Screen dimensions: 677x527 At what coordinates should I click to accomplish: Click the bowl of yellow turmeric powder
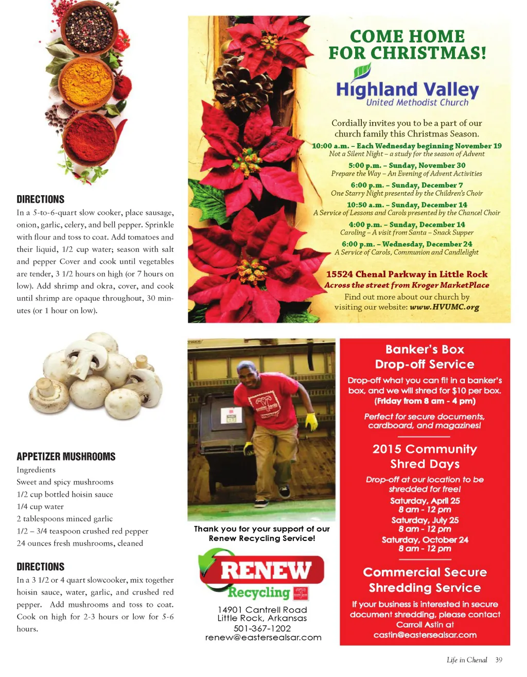click(x=86, y=83)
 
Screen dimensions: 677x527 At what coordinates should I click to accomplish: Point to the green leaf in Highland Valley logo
click(x=363, y=71)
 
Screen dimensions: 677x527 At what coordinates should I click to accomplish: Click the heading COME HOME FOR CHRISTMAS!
click(x=407, y=44)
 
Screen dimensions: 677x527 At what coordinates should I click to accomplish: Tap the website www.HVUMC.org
click(x=444, y=307)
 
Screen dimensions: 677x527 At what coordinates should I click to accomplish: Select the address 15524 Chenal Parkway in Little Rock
click(x=407, y=274)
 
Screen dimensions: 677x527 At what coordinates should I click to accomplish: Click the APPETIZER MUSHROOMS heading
click(x=66, y=456)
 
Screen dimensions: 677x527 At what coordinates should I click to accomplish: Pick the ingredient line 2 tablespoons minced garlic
click(x=64, y=519)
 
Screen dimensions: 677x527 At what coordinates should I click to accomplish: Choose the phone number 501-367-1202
click(x=262, y=629)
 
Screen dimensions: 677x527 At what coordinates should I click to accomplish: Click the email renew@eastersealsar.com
click(x=263, y=637)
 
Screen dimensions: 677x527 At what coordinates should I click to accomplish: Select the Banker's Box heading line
click(x=425, y=349)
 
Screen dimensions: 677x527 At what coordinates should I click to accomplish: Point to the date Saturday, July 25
click(x=425, y=520)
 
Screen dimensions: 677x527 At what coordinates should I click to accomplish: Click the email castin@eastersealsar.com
click(x=425, y=635)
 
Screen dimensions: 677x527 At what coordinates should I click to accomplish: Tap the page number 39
click(x=498, y=660)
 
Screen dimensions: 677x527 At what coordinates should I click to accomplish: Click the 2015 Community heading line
click(x=425, y=449)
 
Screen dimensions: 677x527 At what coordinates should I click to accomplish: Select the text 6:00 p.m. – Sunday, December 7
click(x=407, y=185)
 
